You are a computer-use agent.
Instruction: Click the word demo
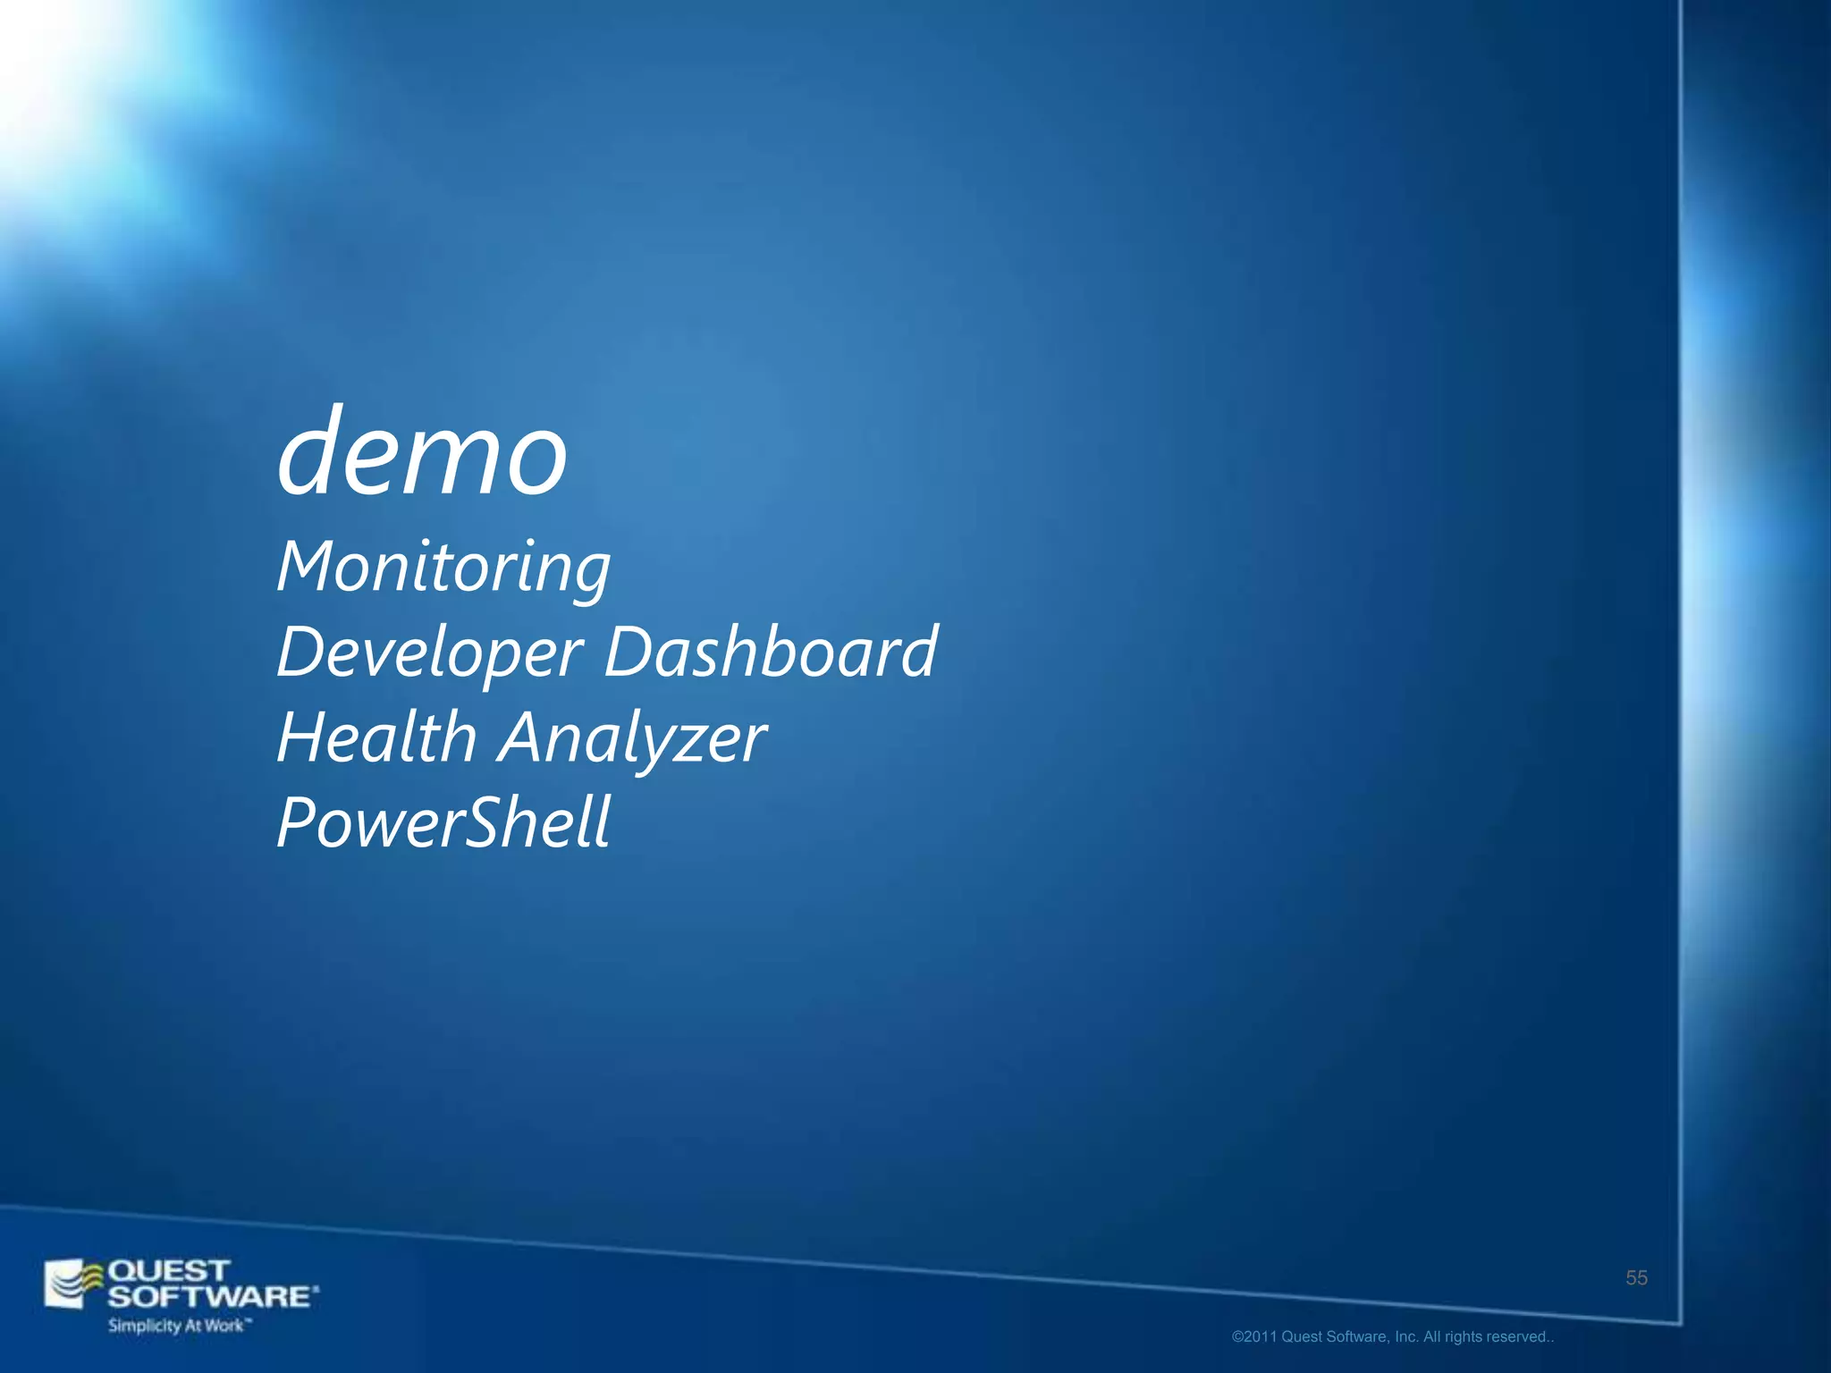click(422, 453)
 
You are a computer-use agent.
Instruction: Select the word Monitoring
click(443, 568)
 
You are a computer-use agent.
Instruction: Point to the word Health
click(376, 737)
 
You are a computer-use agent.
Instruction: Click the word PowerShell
click(443, 822)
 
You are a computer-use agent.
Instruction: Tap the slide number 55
click(1636, 1278)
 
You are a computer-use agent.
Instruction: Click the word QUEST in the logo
click(168, 1270)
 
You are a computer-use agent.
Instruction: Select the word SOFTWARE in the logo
click(211, 1296)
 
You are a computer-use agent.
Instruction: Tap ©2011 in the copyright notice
click(1254, 1337)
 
